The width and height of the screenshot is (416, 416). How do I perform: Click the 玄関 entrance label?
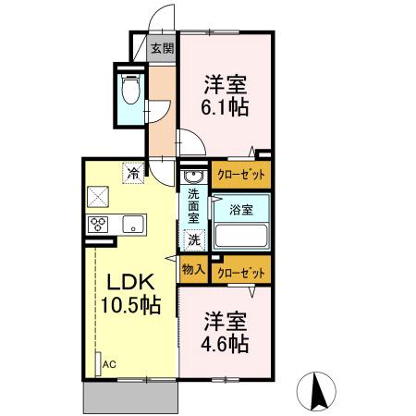(162, 49)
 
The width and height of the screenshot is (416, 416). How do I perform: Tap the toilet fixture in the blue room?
(130, 90)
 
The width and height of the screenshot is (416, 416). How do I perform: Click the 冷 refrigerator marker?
(134, 171)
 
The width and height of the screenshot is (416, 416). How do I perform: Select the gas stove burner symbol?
(99, 224)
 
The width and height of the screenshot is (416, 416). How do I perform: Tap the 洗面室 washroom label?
(194, 209)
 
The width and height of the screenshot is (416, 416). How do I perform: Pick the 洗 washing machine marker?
(194, 240)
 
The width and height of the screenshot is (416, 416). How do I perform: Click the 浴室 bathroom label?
(241, 209)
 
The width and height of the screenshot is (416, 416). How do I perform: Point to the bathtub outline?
(241, 235)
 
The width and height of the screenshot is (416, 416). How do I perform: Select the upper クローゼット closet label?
(241, 174)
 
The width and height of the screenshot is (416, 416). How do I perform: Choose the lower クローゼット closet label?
(241, 272)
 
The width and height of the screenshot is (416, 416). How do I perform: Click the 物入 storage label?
(193, 271)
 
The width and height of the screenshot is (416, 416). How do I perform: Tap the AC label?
(109, 365)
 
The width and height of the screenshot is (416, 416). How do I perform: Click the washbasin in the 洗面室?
(194, 176)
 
